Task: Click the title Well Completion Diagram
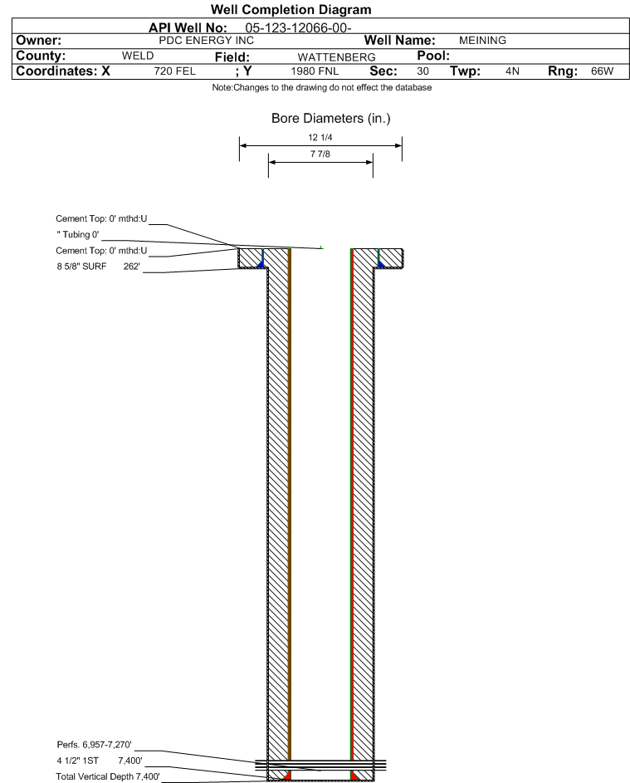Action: coord(291,10)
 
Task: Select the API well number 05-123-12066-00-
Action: coord(298,27)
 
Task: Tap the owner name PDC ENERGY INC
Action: coord(206,40)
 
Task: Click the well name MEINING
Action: coord(482,40)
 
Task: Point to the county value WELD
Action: coord(138,56)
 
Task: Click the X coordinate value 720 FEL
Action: coord(174,72)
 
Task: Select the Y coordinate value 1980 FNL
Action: coord(315,72)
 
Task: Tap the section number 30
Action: coord(422,72)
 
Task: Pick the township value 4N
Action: coord(512,72)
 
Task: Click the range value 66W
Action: coord(602,72)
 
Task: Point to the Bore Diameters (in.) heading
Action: coord(330,119)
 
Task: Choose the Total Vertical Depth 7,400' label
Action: coord(103,776)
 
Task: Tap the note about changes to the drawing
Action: coord(322,88)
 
